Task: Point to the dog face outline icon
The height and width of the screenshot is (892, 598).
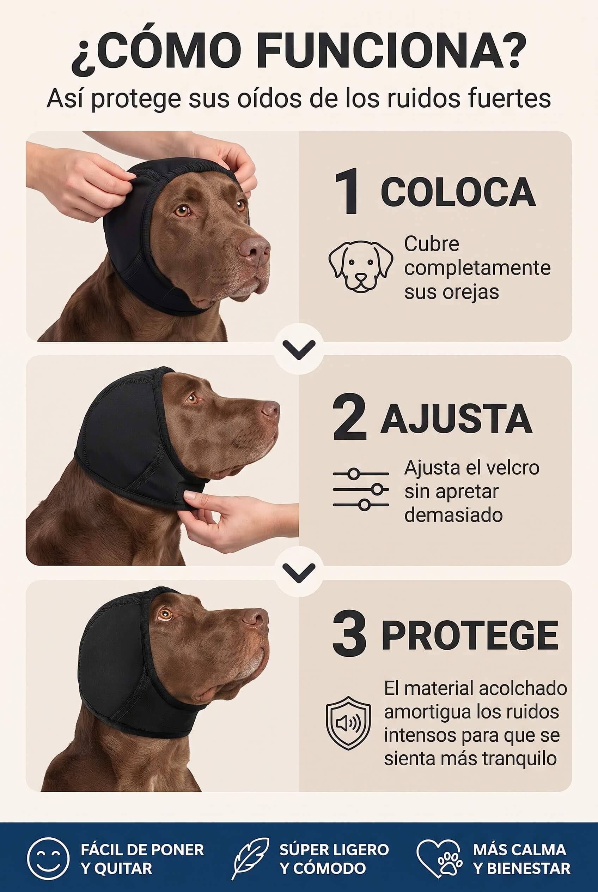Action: [361, 266]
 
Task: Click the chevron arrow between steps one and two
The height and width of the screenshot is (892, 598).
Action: [299, 349]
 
